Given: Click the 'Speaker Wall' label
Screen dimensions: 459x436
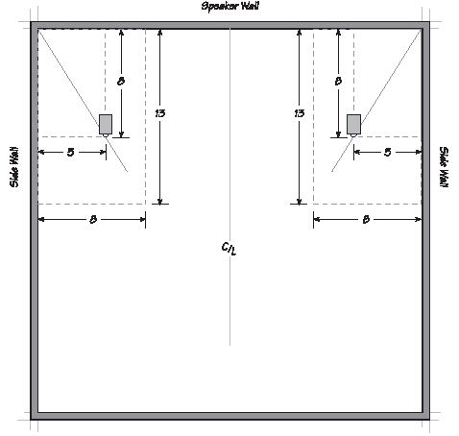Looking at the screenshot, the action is (x=229, y=6).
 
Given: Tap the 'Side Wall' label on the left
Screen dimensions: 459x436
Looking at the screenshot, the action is (x=14, y=167).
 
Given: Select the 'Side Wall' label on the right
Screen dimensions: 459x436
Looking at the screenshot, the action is (x=444, y=167).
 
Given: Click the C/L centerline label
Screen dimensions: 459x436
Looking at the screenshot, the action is (x=229, y=249).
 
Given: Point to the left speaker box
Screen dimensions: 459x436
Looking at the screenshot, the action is (x=106, y=124).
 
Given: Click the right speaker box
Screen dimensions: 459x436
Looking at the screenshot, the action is (x=353, y=124).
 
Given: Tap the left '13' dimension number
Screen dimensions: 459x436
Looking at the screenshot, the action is (x=159, y=113).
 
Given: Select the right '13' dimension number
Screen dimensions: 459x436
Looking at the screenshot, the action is (x=300, y=113).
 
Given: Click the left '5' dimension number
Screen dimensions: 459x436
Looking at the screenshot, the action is (x=70, y=153).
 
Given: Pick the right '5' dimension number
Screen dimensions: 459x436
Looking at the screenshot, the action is (x=388, y=153).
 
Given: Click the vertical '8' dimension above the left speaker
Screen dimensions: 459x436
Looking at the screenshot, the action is (x=121, y=82).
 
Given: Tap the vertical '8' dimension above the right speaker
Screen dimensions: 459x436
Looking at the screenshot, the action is (x=338, y=82).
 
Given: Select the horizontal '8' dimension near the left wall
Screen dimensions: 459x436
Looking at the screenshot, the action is (x=93, y=220).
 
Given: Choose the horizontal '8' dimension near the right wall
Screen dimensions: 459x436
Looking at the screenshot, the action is (x=366, y=220).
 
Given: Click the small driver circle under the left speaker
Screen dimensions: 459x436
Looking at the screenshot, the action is (x=106, y=135).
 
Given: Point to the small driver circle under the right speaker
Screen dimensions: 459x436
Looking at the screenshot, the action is (x=353, y=135).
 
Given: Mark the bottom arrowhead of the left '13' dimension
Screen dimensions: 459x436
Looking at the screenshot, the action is (x=160, y=201).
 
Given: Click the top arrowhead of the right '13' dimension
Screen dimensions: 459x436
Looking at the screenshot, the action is (x=300, y=33).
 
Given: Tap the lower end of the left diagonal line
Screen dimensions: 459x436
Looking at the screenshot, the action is (x=128, y=172).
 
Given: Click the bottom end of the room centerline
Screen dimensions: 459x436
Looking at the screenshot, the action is (x=229, y=345).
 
